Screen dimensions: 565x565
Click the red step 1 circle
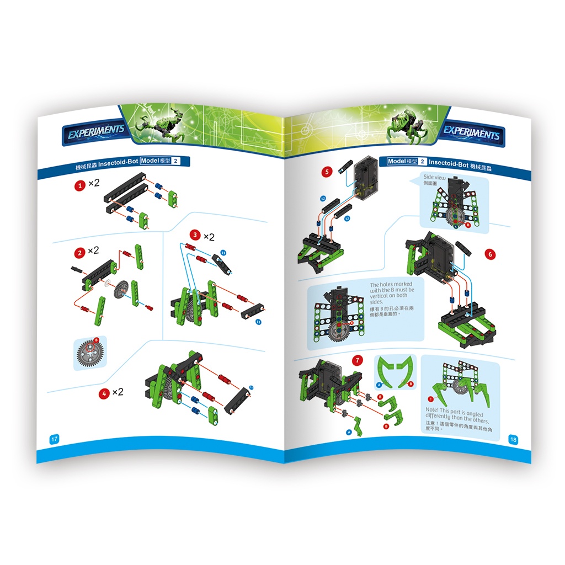click(79, 186)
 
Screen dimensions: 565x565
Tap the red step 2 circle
click(79, 253)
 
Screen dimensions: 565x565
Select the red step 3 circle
click(194, 236)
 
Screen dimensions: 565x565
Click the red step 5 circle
click(327, 172)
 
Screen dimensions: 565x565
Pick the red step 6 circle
click(489, 254)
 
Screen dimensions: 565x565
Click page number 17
click(54, 439)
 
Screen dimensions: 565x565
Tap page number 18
click(513, 439)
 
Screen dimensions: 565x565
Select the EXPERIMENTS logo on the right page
click(472, 132)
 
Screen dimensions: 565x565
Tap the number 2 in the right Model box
click(422, 162)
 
